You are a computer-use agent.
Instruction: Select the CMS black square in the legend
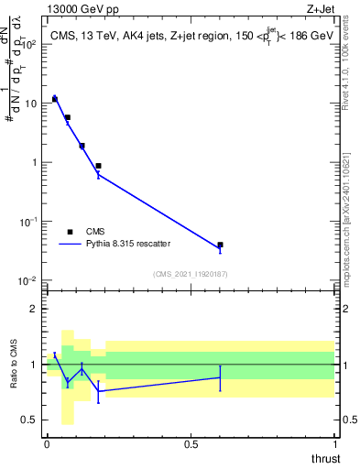[71, 232]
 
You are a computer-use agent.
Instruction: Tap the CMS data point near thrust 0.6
[220, 245]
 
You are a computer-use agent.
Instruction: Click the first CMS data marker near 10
[55, 98]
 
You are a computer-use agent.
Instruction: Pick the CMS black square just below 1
[98, 166]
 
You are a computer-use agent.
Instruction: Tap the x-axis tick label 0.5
[191, 443]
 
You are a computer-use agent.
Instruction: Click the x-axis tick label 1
[334, 443]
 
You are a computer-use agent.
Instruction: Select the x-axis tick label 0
[47, 443]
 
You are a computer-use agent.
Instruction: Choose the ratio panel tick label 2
[34, 309]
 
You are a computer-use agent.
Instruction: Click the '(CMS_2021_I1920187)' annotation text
[190, 273]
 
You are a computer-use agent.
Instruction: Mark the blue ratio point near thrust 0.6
[220, 377]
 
